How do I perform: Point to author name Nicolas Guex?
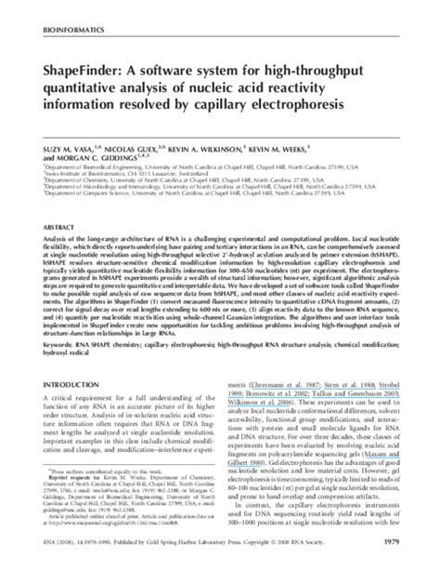coord(136,123)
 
